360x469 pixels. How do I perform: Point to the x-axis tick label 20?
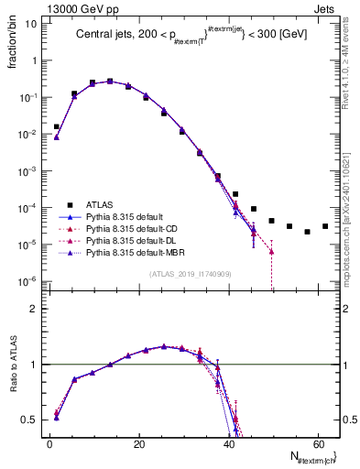pyautogui.click(x=139, y=443)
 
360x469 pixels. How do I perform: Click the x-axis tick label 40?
pyautogui.click(x=229, y=443)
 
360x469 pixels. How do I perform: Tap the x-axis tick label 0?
pyautogui.click(x=50, y=443)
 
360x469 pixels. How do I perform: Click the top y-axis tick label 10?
pyautogui.click(x=32, y=24)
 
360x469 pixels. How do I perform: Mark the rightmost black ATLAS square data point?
pyautogui.click(x=325, y=226)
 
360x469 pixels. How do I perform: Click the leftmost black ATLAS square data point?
pyautogui.click(x=57, y=127)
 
